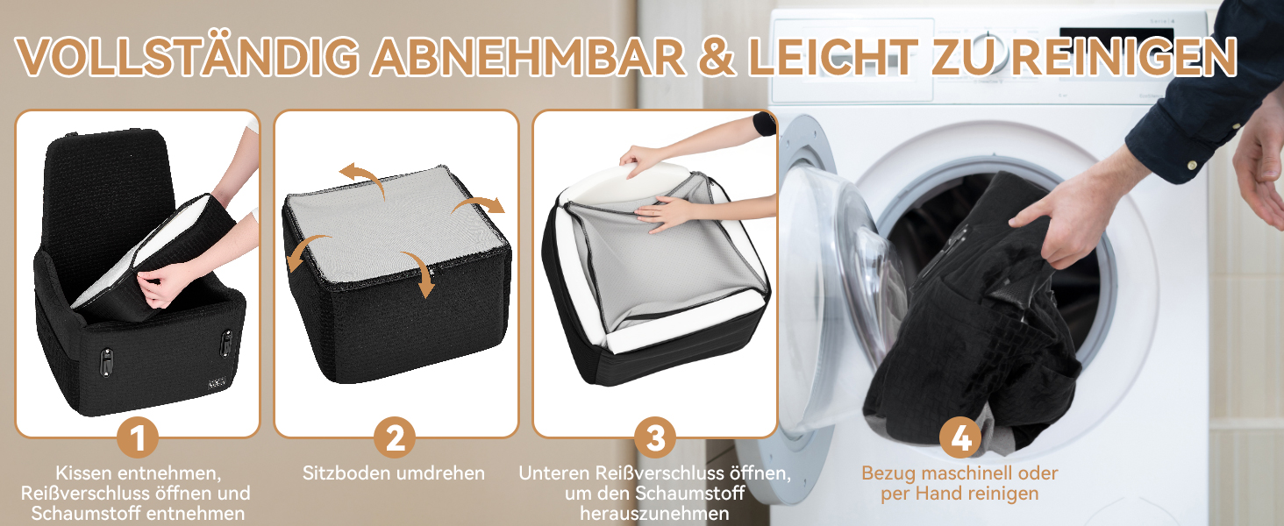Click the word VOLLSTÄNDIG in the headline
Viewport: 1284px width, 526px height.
(x=187, y=56)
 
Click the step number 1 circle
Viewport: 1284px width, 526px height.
(x=138, y=438)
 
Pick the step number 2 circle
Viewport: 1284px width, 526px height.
(x=395, y=437)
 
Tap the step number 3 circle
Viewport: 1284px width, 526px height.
(x=654, y=437)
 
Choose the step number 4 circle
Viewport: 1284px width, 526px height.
(x=960, y=437)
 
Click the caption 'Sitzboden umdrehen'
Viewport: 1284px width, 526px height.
(x=394, y=473)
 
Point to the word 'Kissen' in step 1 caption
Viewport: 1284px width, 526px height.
(x=84, y=473)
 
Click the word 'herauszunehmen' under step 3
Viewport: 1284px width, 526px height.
(x=654, y=514)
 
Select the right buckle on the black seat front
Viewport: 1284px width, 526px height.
(x=226, y=343)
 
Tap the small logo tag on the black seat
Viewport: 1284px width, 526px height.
(x=218, y=382)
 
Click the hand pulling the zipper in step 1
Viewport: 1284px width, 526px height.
(x=158, y=287)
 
